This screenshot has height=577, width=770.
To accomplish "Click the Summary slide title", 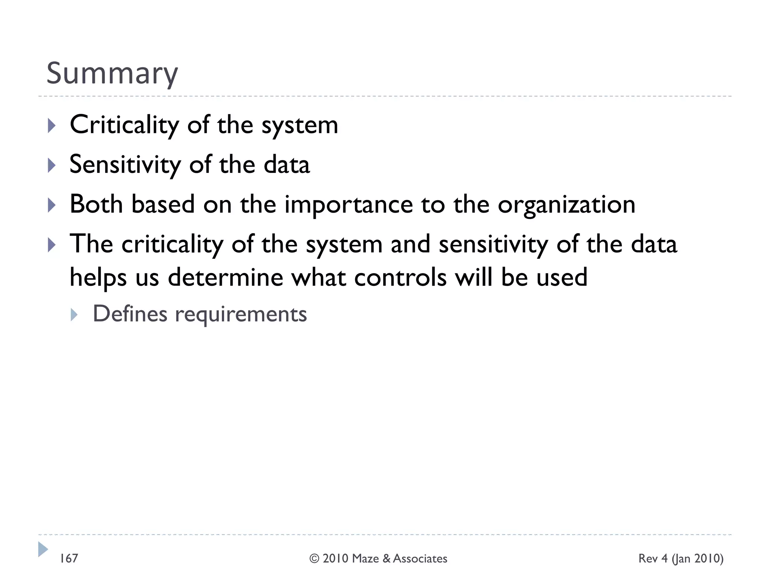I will coord(112,73).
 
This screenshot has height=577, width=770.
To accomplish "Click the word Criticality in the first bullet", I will coord(124,125).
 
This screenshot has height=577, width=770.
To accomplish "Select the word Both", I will coord(96,204).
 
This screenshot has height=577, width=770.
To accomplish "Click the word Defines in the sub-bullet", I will coord(130,314).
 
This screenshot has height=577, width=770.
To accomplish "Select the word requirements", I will coord(241,314).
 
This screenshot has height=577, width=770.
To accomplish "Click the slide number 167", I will coord(69,558).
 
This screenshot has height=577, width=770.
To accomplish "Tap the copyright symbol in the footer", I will coord(314,559).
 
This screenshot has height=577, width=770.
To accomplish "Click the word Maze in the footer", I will coord(365,559).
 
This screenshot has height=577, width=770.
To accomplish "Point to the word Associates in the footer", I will coord(420,559).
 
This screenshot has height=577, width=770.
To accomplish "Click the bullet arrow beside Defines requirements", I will coord(74,314).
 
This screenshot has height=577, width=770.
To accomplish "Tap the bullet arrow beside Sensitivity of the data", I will coord(52,165).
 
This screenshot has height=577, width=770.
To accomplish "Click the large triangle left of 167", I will coord(43,549).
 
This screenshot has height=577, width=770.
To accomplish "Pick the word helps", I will coord(98,278).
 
